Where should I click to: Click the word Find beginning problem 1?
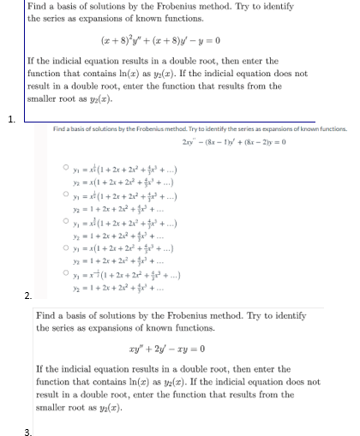(x=39, y=6)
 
